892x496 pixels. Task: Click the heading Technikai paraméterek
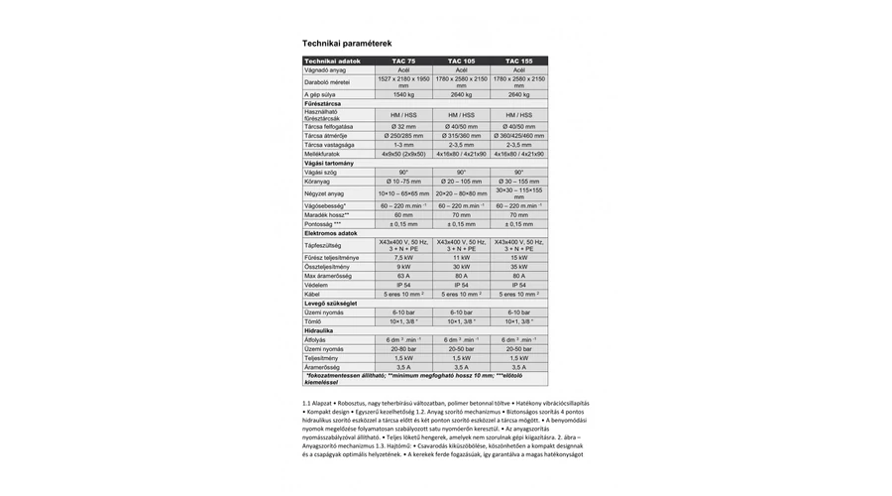347,44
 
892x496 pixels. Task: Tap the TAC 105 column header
461,62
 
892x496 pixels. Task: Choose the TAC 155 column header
518,62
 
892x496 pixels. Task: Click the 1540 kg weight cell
403,94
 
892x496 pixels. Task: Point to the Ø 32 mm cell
403,127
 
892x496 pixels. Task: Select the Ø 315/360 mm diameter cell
461,136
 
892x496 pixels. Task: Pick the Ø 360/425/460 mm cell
518,136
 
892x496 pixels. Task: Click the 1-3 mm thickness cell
403,145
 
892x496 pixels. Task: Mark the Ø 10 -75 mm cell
403,182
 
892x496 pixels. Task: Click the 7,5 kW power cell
403,258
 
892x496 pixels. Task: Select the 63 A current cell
403,276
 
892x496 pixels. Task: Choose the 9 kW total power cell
403,267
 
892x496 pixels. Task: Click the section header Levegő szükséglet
331,303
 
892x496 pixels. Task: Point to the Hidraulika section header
318,329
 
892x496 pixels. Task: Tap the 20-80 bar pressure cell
403,349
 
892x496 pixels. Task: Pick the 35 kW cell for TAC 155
518,267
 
